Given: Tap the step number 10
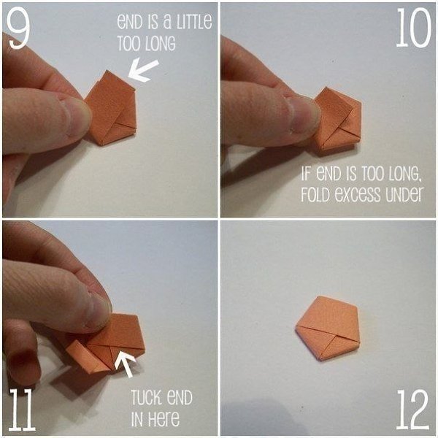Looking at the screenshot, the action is coord(414,28).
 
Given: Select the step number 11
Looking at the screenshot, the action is coord(22,410).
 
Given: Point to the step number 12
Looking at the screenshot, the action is coord(413,410).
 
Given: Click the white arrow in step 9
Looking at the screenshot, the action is coord(143,70).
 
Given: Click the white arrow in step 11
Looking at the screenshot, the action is coord(125,364).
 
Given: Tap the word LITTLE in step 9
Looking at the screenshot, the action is coord(193,21).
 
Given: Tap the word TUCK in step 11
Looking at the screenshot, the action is coord(145,398).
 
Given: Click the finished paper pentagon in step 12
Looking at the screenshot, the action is coord(327,328).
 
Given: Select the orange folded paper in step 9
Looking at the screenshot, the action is coord(111,108).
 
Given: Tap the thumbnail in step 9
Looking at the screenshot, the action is coord(75,118).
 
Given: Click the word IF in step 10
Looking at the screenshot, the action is coord(306,174).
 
